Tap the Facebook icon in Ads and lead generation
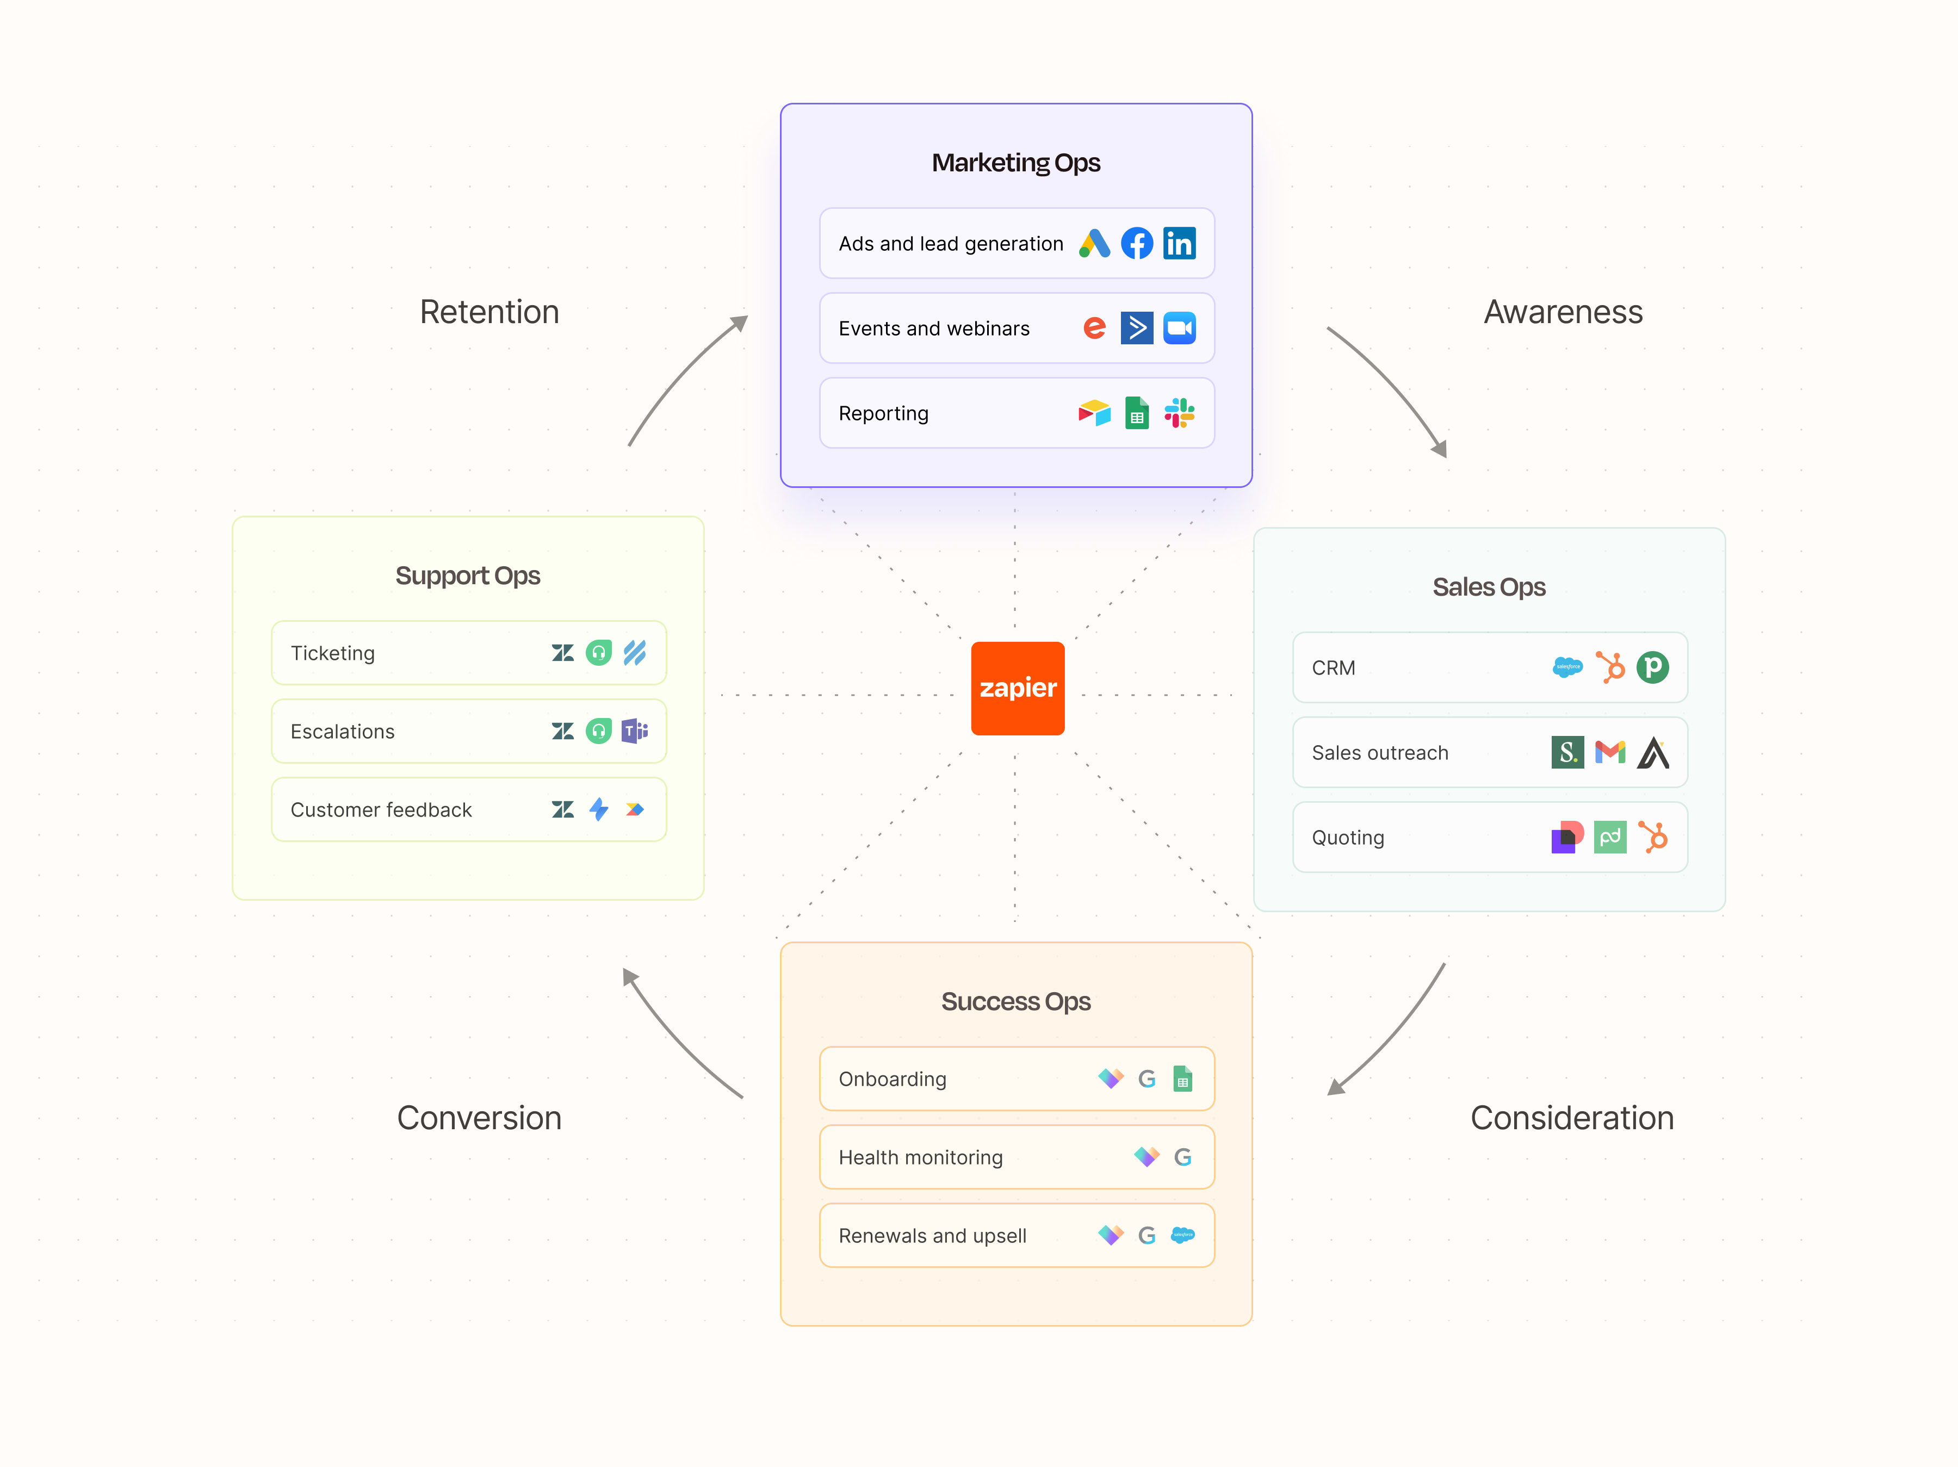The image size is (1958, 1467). [x=1137, y=244]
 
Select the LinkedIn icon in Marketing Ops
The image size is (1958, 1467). [x=1179, y=244]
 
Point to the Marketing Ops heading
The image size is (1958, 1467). [x=1015, y=163]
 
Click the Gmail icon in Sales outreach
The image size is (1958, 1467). [x=1609, y=752]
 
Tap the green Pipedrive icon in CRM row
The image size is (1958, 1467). [x=1652, y=667]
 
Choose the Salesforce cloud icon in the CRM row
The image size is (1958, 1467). [x=1567, y=667]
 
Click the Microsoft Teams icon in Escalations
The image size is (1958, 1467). [x=635, y=731]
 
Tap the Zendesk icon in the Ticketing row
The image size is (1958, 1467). [x=562, y=653]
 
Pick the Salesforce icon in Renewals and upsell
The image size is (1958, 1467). [x=1182, y=1235]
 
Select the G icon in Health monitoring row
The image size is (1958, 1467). [x=1182, y=1157]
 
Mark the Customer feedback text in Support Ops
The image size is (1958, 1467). [x=381, y=810]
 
